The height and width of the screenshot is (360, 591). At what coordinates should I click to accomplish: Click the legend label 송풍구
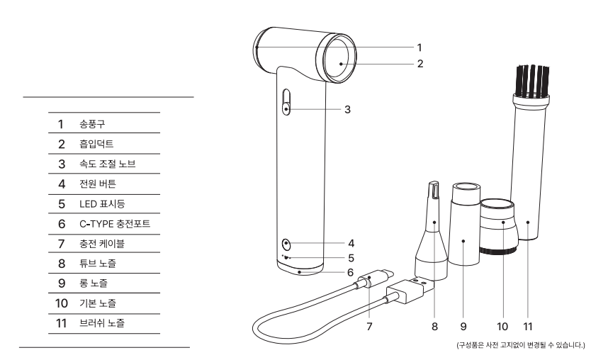91,124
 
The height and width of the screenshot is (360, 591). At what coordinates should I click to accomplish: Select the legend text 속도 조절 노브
106,164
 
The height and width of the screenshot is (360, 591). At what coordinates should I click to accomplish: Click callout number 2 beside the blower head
420,64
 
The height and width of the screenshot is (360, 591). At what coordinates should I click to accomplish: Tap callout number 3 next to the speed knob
348,110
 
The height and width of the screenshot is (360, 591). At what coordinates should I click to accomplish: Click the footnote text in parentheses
522,345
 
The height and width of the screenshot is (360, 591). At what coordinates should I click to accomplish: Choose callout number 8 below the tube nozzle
434,328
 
